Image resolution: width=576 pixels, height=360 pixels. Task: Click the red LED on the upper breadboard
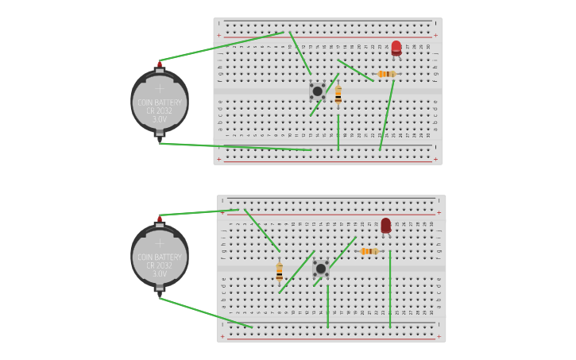pos(396,47)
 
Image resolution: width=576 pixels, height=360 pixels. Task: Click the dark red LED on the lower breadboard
pos(386,225)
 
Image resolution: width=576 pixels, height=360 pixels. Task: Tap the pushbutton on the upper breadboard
pos(317,91)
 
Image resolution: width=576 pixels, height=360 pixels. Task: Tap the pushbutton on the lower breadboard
pos(321,268)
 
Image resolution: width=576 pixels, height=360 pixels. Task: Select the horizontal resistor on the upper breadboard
pos(386,74)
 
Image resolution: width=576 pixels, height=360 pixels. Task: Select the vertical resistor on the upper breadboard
pos(338,95)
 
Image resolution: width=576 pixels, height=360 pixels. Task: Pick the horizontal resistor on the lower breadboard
pos(368,251)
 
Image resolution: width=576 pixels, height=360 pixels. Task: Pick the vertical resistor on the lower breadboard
pos(280,271)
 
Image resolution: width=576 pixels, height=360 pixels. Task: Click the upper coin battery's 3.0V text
pos(160,119)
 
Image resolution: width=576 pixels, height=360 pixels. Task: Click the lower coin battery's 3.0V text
pos(160,273)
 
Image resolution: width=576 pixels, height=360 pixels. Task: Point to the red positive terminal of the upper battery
pos(160,64)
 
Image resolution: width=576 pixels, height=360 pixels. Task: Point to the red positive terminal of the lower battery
pos(160,219)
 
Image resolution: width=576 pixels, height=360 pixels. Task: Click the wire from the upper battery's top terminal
pos(222,46)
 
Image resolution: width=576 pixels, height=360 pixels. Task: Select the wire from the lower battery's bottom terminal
pos(207,313)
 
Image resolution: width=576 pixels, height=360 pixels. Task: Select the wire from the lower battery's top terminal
pos(199,212)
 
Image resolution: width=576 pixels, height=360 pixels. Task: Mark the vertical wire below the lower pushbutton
pos(327,306)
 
